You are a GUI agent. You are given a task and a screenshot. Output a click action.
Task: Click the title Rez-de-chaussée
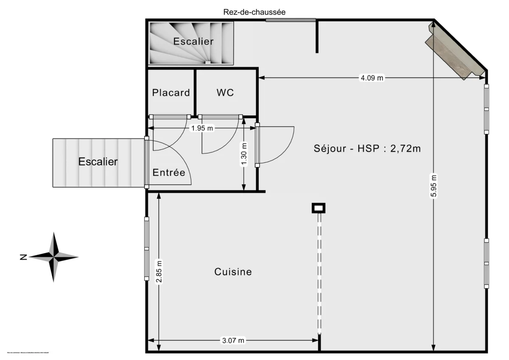pyautogui.click(x=255, y=12)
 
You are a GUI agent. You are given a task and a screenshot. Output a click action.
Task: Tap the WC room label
pyautogui.click(x=225, y=92)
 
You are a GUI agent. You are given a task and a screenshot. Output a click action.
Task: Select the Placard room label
pyautogui.click(x=171, y=92)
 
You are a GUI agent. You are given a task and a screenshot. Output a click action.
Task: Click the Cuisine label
pyautogui.click(x=233, y=272)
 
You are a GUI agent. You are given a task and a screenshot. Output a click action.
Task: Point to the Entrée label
pyautogui.click(x=169, y=173)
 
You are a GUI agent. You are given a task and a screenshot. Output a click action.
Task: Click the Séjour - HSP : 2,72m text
pyautogui.click(x=367, y=148)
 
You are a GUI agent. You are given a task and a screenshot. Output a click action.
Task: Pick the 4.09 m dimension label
pyautogui.click(x=372, y=78)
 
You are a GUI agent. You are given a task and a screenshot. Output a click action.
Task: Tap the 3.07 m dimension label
pyautogui.click(x=233, y=340)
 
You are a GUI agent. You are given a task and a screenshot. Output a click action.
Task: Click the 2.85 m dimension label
pyautogui.click(x=159, y=271)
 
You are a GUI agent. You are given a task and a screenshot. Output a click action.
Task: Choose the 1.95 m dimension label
pyautogui.click(x=202, y=128)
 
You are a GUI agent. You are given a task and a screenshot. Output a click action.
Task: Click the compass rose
pyautogui.click(x=54, y=257)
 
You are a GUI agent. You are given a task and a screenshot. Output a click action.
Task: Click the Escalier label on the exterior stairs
pyautogui.click(x=98, y=162)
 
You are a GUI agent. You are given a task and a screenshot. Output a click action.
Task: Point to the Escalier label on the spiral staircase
pyautogui.click(x=193, y=42)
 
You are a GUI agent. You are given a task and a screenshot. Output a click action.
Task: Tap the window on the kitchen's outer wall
pyautogui.click(x=147, y=248)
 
